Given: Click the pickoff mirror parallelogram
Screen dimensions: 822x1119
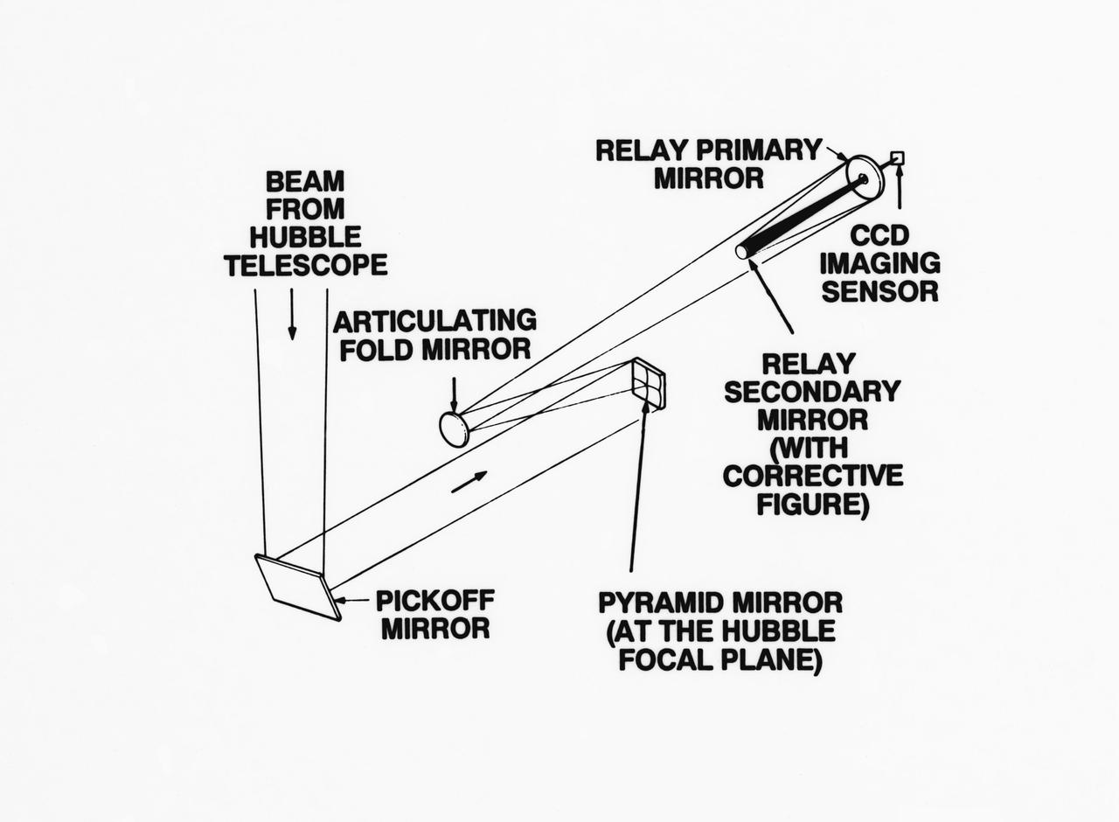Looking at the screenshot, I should (298, 587).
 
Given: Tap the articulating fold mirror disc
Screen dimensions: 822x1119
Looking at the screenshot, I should (454, 429).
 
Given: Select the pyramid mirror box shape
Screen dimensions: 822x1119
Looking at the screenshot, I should (649, 384).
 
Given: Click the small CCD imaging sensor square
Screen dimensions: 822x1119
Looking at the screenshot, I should (897, 158).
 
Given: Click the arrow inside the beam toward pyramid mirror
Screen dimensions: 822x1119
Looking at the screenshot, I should (469, 481).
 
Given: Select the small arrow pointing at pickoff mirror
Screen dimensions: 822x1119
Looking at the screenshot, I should (354, 601).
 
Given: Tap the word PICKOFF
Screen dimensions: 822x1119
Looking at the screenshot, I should (434, 601).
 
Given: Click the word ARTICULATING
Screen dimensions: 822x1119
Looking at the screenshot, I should (434, 321).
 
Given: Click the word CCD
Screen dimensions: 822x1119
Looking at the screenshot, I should (879, 234).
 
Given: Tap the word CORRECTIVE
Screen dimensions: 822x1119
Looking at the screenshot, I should (813, 477).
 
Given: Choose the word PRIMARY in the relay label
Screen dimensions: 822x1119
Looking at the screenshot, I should (765, 150).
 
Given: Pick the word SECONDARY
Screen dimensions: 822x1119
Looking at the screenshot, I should (812, 392).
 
